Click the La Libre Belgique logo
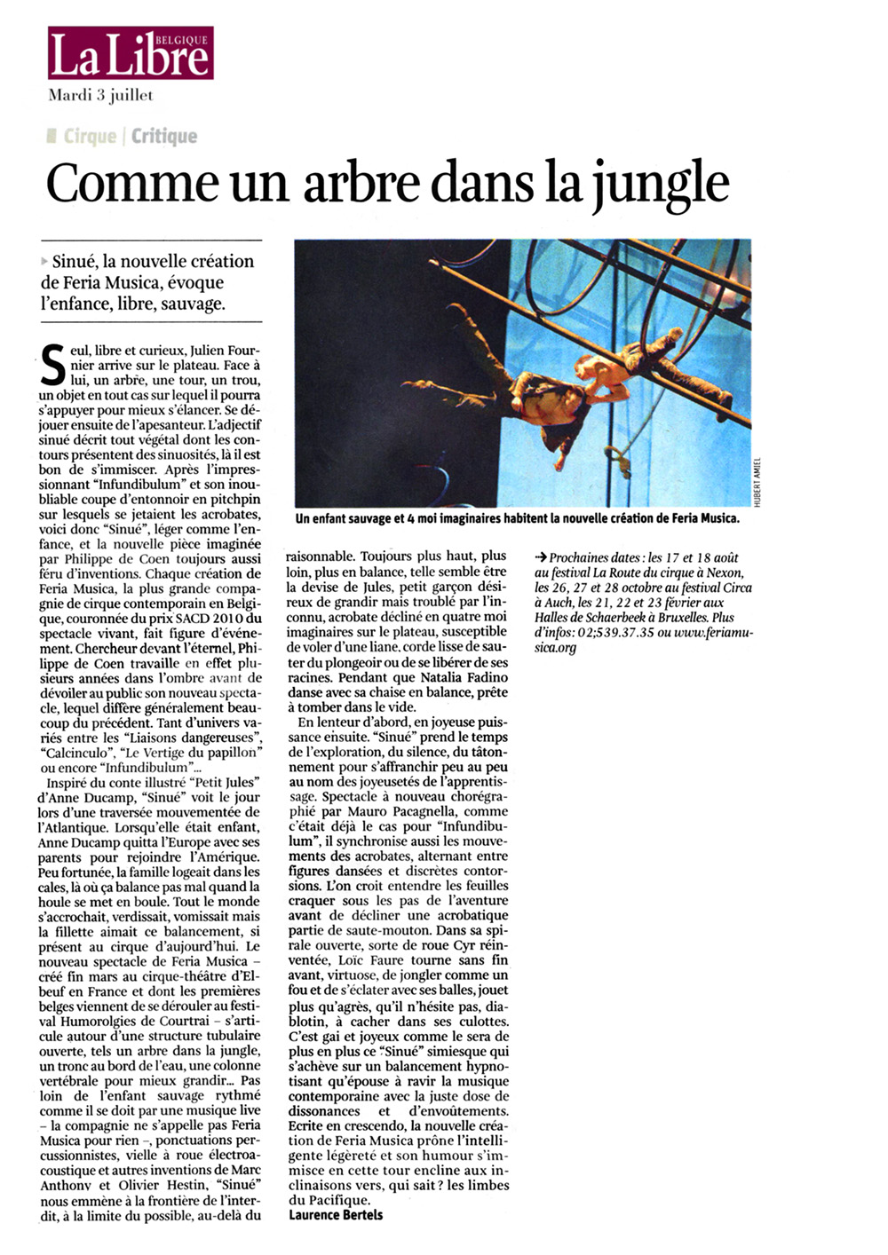click(x=131, y=53)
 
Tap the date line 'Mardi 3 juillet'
click(x=100, y=96)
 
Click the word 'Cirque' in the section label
click(x=90, y=136)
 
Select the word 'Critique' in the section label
click(x=164, y=136)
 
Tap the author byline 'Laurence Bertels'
click(x=336, y=1214)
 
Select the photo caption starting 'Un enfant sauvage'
click(x=517, y=518)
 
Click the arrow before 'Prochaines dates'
click(x=540, y=557)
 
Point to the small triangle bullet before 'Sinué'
click(x=45, y=262)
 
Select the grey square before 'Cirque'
click(x=52, y=136)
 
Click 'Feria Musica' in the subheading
click(x=115, y=282)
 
